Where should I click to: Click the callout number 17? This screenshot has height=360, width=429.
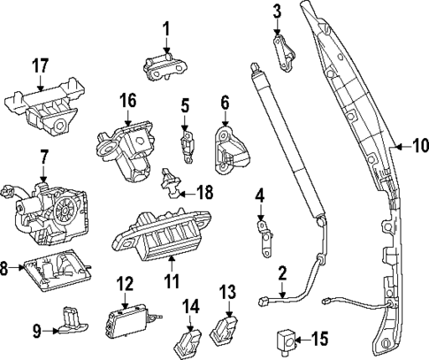(x=41, y=65)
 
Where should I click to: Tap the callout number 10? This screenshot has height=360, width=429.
(x=418, y=144)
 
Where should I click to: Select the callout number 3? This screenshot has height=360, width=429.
(x=277, y=11)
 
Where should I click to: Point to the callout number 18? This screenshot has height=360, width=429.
(x=205, y=191)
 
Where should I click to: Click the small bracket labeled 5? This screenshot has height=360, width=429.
(x=188, y=142)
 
